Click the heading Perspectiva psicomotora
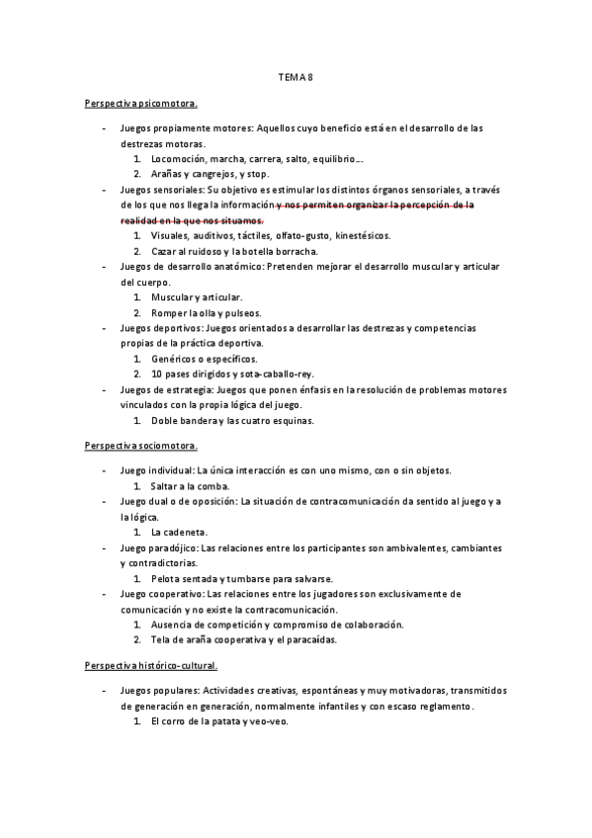(x=141, y=102)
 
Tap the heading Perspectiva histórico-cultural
(x=151, y=665)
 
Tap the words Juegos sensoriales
(x=161, y=190)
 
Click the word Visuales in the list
(x=170, y=236)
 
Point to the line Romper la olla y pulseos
(x=206, y=312)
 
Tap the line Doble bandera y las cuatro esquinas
(x=232, y=420)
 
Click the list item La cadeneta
(x=177, y=532)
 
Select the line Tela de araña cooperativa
(x=212, y=639)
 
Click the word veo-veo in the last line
(x=268, y=720)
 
